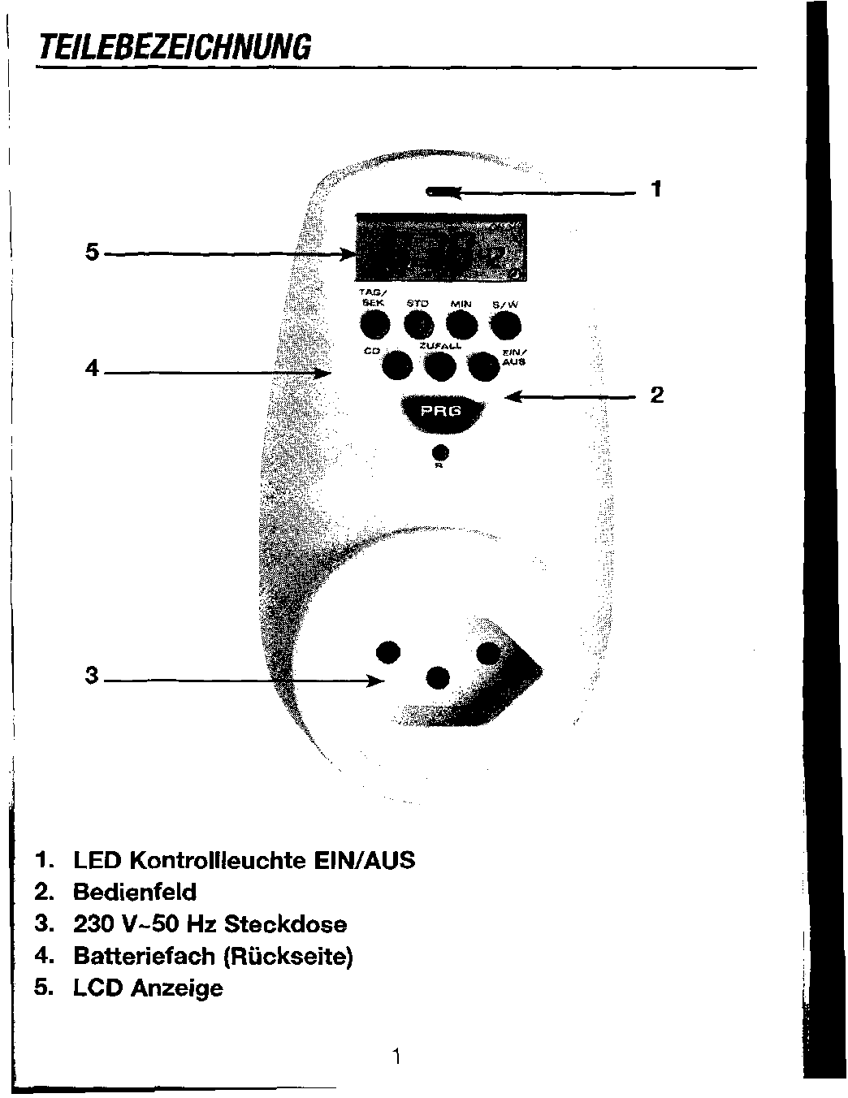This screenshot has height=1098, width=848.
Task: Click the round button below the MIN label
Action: pos(461,326)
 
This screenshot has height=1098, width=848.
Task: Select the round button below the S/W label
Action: pos(505,326)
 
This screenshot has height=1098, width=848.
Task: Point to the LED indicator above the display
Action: pos(441,192)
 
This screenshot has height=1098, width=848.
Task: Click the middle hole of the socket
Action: pos(438,676)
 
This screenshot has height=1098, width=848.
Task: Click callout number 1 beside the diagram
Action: pos(656,190)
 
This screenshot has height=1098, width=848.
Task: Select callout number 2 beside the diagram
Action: pos(656,396)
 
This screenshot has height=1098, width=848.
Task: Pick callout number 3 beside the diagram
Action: pos(92,675)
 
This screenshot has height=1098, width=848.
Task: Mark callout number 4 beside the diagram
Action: pos(92,369)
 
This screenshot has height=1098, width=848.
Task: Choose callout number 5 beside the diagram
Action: pos(92,253)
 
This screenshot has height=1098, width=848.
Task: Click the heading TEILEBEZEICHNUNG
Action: pos(173,46)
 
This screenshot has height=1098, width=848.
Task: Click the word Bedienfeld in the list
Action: pos(135,892)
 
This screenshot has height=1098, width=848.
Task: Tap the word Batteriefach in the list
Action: pos(145,956)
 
